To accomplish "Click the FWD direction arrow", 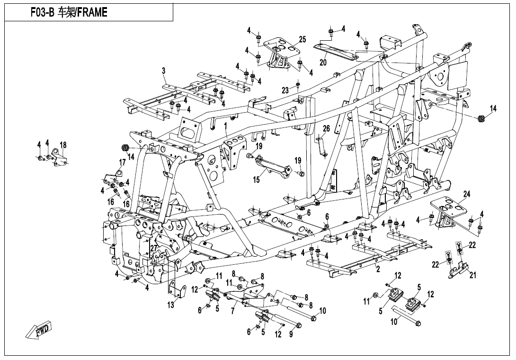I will [x=39, y=330].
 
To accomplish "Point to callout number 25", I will [x=302, y=39].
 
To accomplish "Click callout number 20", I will [x=323, y=62].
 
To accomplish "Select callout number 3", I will [x=163, y=71].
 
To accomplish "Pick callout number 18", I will [x=63, y=145].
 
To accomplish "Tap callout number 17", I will [x=122, y=162].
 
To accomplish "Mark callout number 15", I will [x=256, y=180].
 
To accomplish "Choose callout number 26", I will [x=326, y=129].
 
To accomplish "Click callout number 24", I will [x=467, y=194].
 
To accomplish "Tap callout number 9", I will [x=291, y=334].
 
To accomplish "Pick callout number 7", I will [x=232, y=312].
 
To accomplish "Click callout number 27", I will [x=153, y=248].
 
